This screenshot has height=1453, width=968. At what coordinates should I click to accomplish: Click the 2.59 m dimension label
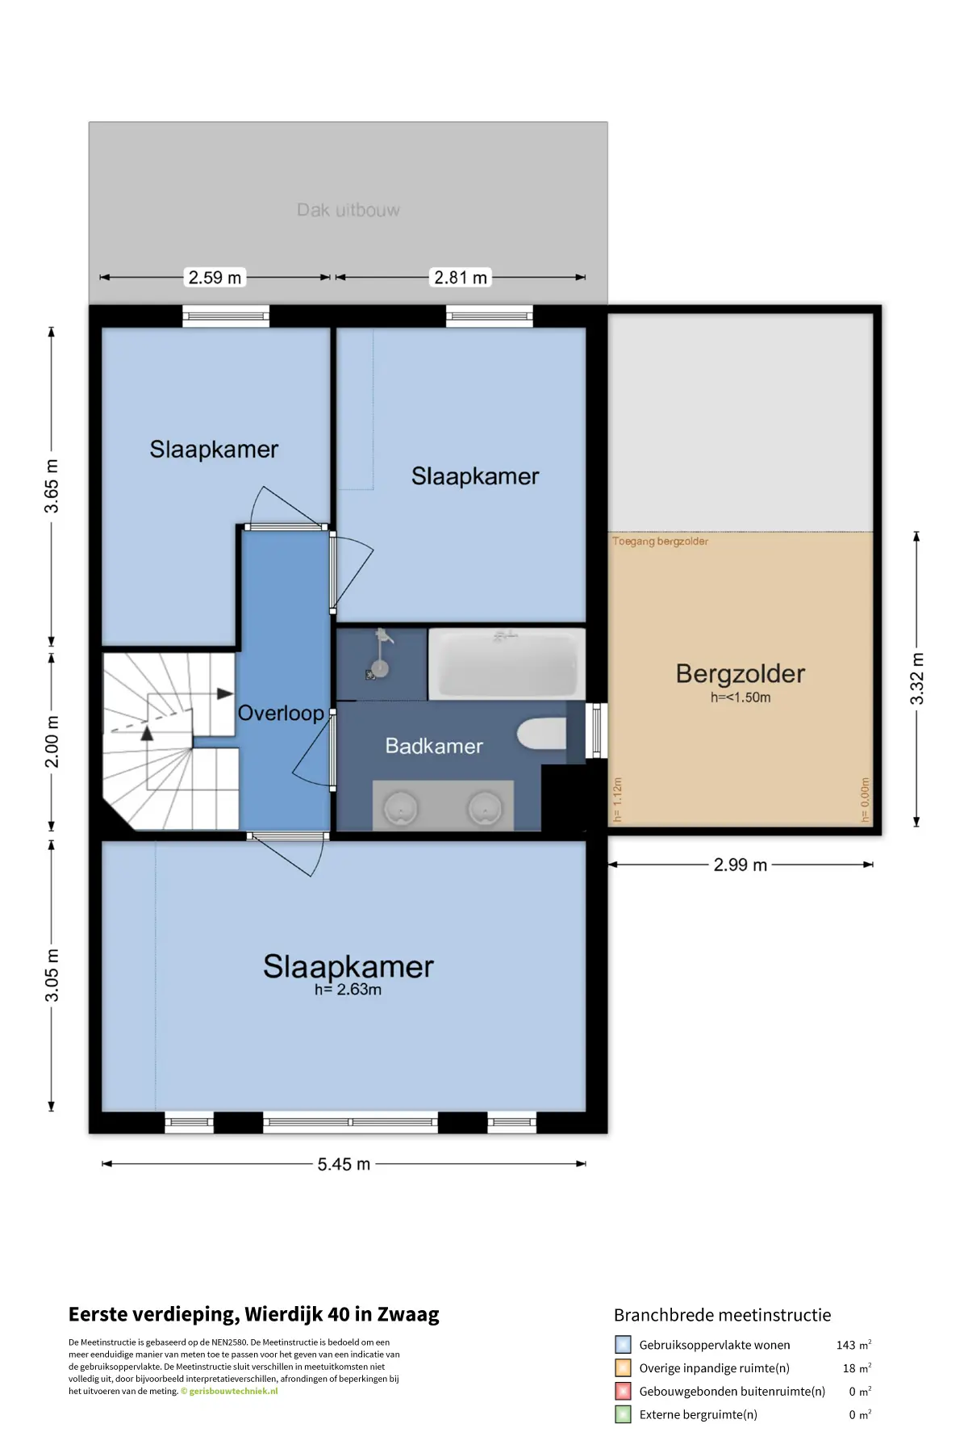pos(215,278)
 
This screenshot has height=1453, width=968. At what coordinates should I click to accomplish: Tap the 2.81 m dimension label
pos(461,278)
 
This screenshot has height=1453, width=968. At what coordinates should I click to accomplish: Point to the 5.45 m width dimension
pos(344,1164)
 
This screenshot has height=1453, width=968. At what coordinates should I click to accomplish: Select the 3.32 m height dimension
pos(917,679)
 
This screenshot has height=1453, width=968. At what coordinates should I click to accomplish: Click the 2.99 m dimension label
pos(741,865)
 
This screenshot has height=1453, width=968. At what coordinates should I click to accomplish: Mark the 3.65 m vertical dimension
pos(52,486)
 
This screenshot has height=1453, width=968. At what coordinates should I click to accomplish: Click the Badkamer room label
pos(434,746)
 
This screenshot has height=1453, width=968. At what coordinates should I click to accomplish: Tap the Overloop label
pos(281,714)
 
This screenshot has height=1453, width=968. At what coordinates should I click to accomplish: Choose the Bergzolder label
pos(741,674)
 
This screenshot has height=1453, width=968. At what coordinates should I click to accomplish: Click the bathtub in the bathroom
pos(507,664)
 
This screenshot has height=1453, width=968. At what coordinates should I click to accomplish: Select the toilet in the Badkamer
pos(542,735)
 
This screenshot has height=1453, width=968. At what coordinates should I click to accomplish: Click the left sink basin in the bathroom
pos(400,807)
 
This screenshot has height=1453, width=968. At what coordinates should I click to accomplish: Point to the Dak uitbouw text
pos(348,210)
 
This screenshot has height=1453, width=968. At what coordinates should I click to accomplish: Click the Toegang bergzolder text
pos(660,542)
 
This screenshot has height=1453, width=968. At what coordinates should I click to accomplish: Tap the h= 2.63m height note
pos(348,990)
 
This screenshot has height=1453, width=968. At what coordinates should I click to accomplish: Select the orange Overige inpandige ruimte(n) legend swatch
pos(623,1368)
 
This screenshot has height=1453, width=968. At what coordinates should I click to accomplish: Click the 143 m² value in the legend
pos(853,1345)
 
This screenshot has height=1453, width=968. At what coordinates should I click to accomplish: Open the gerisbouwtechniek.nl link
pos(233,1391)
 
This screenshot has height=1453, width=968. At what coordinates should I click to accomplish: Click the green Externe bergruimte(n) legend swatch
pos(623,1414)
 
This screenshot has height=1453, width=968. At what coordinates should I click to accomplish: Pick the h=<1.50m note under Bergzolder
pos(741,697)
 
